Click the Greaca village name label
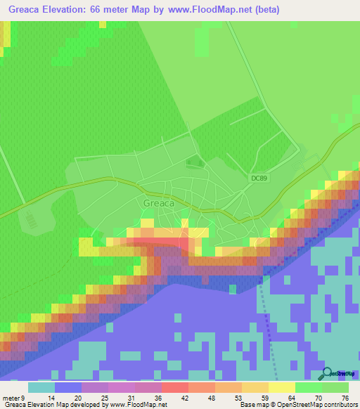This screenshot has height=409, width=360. point(158,203)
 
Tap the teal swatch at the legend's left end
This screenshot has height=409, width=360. point(41,387)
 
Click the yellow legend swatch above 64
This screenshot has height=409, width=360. point(282,387)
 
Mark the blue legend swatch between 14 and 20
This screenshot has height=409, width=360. point(67,387)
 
